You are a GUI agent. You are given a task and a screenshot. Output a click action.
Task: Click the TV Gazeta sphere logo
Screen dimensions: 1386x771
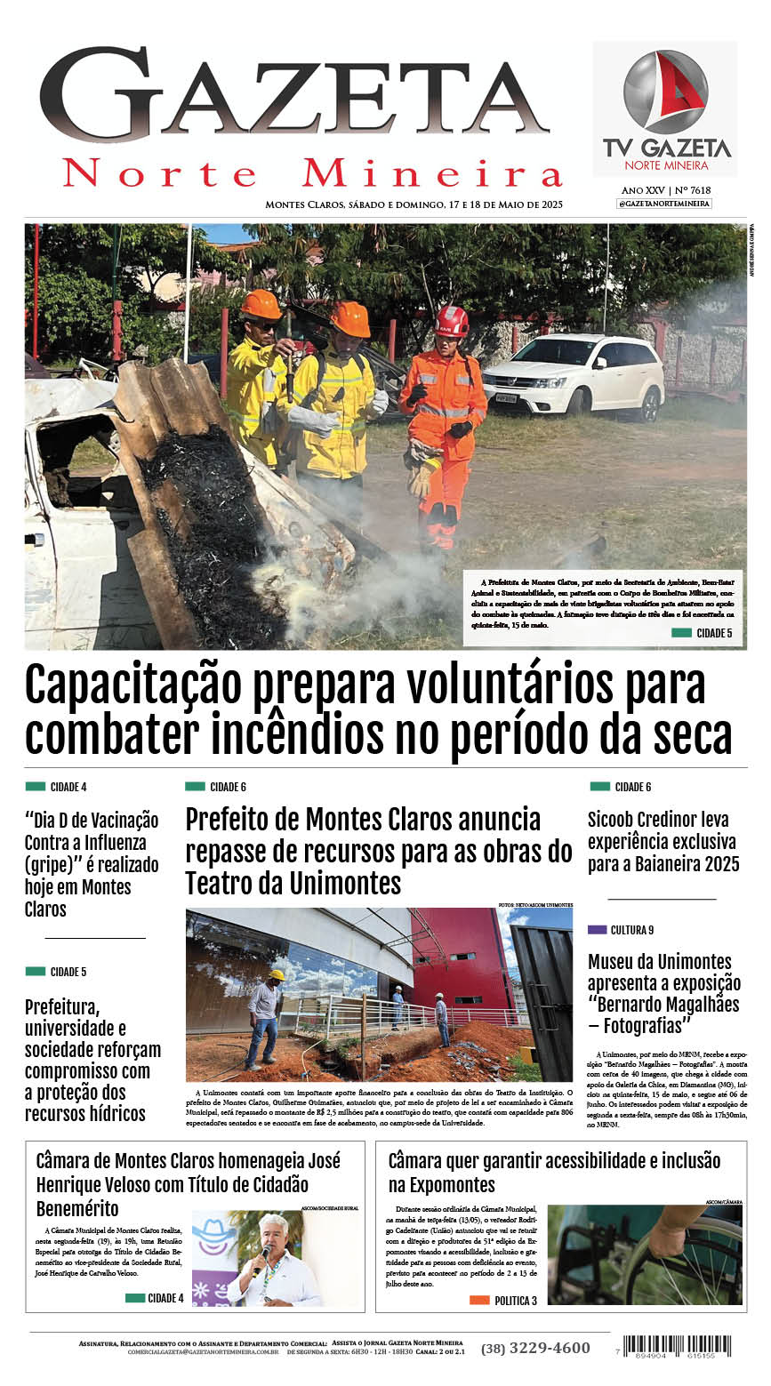tap(665, 92)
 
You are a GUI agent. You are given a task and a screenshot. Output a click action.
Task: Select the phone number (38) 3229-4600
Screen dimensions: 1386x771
tap(535, 1348)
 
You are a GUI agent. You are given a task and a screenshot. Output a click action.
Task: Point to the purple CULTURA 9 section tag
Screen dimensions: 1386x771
tap(621, 930)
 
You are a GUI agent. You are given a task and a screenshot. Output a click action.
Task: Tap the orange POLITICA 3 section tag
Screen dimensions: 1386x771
tap(503, 1300)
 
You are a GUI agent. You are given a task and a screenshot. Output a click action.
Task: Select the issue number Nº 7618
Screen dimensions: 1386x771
tap(693, 190)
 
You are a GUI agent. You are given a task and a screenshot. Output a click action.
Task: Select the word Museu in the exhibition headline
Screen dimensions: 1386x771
tap(614, 962)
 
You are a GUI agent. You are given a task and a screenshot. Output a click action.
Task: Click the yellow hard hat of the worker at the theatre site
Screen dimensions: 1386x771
tap(277, 975)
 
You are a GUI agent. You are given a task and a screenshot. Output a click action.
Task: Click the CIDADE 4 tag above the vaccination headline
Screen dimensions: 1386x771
tap(57, 787)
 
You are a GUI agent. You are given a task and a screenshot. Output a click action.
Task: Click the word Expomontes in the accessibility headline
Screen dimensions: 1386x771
tap(442, 1184)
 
